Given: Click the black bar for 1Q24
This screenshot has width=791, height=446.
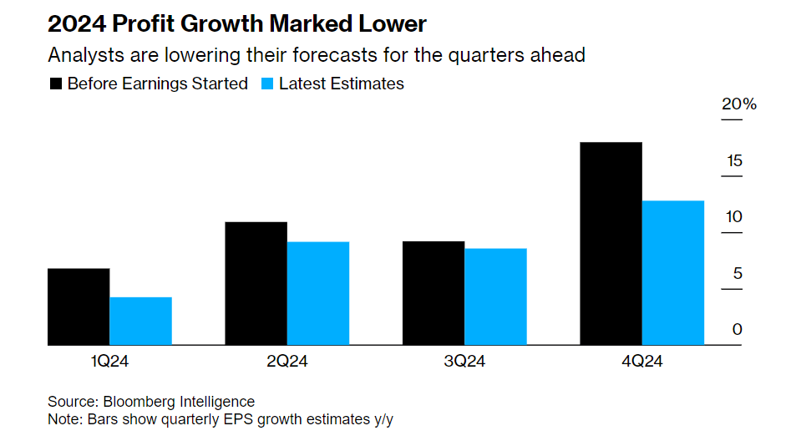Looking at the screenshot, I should coord(79,307).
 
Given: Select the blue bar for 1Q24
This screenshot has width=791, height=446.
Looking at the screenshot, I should coord(140,321).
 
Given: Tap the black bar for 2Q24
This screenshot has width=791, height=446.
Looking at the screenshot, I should coord(256,283).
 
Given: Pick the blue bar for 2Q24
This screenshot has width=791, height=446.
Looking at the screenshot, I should coord(317,293).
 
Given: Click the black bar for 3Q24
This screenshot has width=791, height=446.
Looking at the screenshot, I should coord(433,293).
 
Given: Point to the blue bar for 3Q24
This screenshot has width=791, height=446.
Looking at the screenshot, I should coord(495,296).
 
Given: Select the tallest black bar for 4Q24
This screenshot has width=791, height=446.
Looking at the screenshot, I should coord(611,243).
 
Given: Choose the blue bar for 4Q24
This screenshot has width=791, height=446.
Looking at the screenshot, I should coord(672,272).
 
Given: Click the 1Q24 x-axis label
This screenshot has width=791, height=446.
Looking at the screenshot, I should coord(110,362).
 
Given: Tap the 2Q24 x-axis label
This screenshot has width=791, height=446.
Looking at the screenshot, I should coord(287,362).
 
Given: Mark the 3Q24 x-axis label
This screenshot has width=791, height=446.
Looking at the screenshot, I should coord(464,362).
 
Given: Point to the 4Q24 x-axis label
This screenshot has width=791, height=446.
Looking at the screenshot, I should coord(641,362).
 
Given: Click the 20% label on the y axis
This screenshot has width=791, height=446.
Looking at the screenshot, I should coord(738,105).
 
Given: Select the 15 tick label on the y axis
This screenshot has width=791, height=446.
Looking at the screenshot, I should coord(733,161).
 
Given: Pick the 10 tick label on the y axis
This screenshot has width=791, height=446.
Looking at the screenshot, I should coord(733,217).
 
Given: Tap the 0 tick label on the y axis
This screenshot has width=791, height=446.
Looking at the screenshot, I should coord(737,330).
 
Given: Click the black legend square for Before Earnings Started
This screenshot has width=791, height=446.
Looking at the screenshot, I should coord(56,84).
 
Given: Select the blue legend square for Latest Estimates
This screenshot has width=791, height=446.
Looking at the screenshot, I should coord(267,84).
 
